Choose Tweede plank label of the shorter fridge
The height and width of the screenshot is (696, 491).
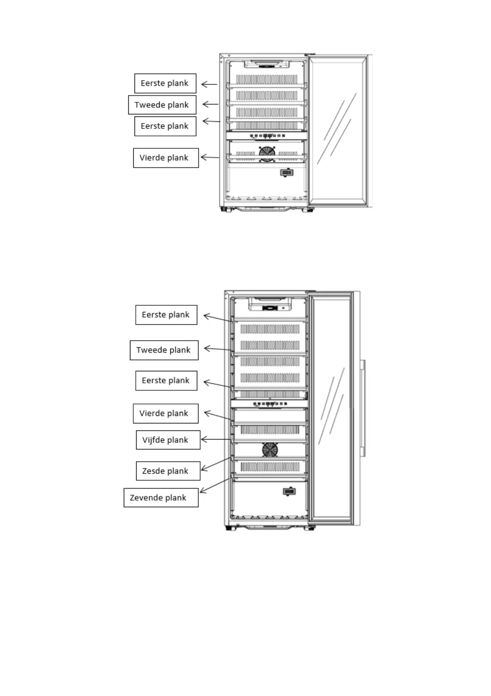click(x=162, y=105)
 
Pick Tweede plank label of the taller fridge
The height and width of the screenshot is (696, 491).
click(x=164, y=350)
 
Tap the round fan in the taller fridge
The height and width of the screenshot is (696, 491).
click(x=270, y=450)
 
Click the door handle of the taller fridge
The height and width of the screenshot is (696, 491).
click(x=362, y=408)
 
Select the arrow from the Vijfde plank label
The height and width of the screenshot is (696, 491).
click(x=215, y=439)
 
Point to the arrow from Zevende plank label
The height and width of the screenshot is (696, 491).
click(x=214, y=486)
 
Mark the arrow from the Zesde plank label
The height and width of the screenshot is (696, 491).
click(x=216, y=464)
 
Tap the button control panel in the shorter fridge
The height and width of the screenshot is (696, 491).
click(x=267, y=135)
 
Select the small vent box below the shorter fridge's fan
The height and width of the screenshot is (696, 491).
click(x=287, y=172)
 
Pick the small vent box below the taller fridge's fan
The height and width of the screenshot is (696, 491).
click(x=289, y=491)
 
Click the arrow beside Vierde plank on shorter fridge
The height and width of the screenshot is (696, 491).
click(x=210, y=157)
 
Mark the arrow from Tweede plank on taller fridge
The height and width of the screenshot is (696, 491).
click(x=218, y=349)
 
